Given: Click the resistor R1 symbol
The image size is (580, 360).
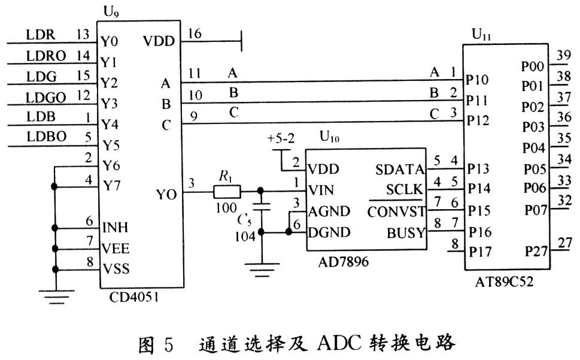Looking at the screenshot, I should tap(227, 192).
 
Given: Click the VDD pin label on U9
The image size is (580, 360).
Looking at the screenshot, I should tap(159, 41).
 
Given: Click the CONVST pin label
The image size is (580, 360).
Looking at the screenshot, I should tap(396, 211).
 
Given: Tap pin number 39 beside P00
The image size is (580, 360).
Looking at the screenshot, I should tap(563, 56).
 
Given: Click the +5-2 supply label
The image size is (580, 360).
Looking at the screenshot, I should tap(281, 140).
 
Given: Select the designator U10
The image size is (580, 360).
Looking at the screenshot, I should tap(330, 139).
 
